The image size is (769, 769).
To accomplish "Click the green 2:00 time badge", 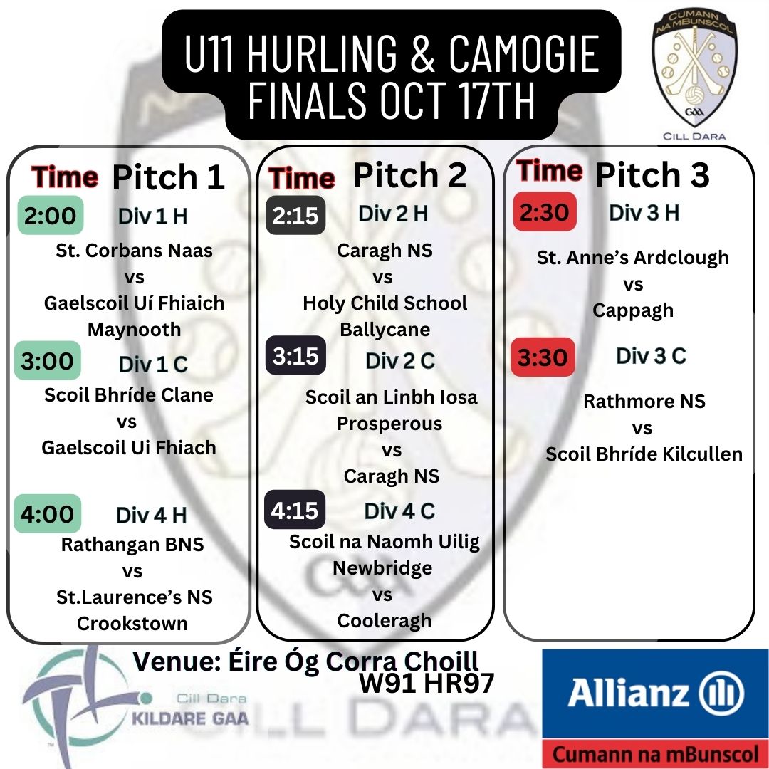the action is coord(51,215).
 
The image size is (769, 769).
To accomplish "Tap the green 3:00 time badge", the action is coord(48,360).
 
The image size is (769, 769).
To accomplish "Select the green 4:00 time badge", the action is coord(48,513).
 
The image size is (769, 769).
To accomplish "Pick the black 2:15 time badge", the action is coord(295,215).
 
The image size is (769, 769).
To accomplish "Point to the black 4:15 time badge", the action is coord(295,510).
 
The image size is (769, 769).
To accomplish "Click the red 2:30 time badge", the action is coord(545,211).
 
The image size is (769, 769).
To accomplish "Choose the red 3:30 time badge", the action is coord(543,357).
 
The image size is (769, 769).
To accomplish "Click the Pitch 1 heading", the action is coord(168,177).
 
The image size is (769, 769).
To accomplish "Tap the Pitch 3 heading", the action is coord(652,174).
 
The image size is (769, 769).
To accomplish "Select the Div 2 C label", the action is coord(400,361).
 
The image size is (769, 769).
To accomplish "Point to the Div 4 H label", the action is coord(152,515).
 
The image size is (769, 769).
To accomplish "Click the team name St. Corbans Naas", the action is coord(135,250).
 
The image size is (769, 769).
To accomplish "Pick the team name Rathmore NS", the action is coord(644,401).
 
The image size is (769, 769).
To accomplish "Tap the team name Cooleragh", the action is coord(384,620).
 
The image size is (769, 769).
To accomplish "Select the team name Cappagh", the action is coord(633,310).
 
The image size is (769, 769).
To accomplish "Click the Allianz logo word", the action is coord(628,693).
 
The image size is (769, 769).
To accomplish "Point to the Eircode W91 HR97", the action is coord(427,683).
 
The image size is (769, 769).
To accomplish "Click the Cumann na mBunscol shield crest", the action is coord(694,68).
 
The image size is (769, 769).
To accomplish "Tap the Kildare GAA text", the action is coord(190,718).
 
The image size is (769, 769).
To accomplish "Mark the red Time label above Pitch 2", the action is coord(302,177).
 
